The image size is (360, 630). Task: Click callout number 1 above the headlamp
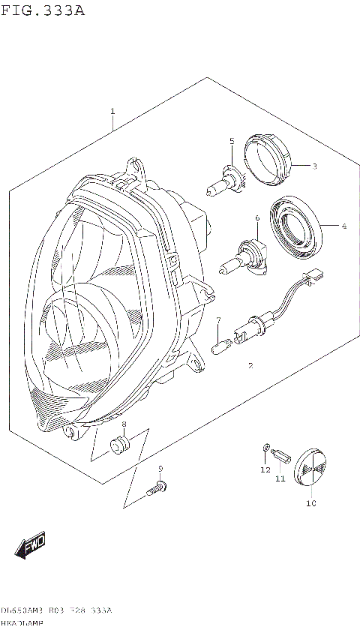click(x=112, y=112)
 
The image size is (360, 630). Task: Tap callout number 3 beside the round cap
click(x=315, y=166)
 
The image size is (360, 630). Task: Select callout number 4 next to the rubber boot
click(x=344, y=225)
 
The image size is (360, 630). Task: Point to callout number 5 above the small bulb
click(x=232, y=141)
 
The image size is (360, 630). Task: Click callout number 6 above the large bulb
click(x=256, y=218)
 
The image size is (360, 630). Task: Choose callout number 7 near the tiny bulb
click(x=217, y=321)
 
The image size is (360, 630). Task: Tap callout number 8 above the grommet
click(x=124, y=425)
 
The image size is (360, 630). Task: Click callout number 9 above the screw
click(x=160, y=469)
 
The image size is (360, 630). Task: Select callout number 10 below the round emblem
click(x=310, y=503)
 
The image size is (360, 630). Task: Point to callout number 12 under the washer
click(x=264, y=470)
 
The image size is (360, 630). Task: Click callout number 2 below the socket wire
click(x=250, y=366)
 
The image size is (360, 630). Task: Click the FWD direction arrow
click(x=31, y=547)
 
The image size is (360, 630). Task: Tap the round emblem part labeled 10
click(x=309, y=469)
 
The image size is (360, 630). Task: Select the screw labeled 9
click(x=156, y=489)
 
